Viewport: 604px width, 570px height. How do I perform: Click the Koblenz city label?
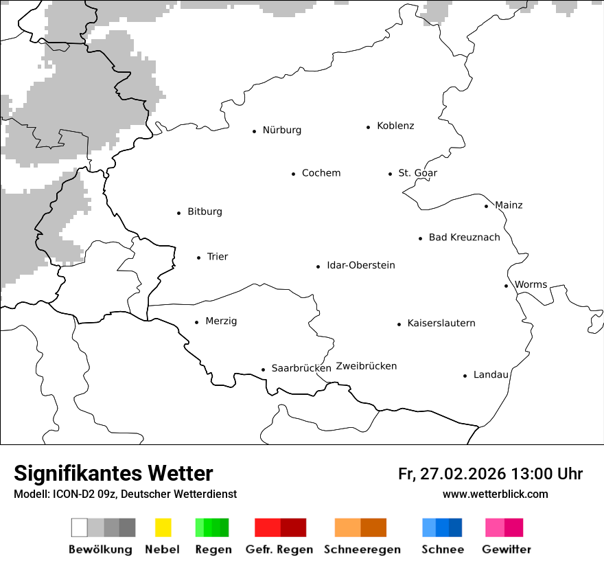tap(395, 126)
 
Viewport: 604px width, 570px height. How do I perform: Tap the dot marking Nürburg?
tap(254, 131)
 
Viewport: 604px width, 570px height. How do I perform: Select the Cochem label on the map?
tap(321, 173)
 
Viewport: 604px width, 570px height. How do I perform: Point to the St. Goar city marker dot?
tap(390, 174)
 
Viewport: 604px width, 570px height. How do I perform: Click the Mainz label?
tap(508, 205)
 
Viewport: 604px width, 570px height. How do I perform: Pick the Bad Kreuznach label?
tap(464, 238)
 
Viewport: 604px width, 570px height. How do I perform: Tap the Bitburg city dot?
tap(179, 213)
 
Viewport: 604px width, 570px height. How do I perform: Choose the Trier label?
tap(217, 257)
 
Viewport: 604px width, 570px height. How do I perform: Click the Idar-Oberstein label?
tap(360, 266)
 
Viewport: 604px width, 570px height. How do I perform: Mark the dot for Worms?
tap(506, 286)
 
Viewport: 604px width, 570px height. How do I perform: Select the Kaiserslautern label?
tap(441, 323)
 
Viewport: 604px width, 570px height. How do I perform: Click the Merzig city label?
tap(220, 321)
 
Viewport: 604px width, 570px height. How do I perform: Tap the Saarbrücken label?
tap(301, 368)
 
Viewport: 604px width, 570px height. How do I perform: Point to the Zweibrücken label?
tap(366, 366)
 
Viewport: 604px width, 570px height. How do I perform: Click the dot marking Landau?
tap(465, 376)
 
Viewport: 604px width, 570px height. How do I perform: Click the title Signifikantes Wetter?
tap(113, 473)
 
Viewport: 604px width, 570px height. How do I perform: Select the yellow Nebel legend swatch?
tap(163, 527)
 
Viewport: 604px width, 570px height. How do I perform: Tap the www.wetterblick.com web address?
tap(495, 494)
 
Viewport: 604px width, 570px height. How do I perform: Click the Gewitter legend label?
tap(506, 549)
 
